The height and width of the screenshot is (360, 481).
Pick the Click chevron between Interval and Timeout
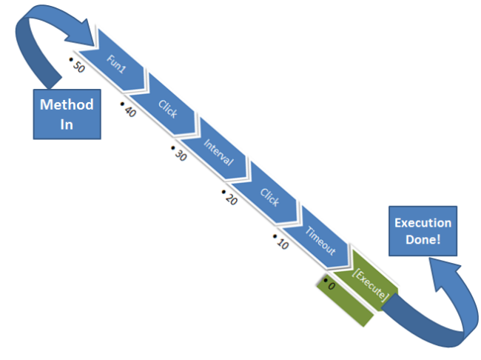click(270, 196)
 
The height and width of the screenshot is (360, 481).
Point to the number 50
click(78, 67)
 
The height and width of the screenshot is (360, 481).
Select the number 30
click(180, 153)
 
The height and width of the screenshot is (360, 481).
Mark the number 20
click(230, 198)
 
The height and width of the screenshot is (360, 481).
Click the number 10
click(281, 242)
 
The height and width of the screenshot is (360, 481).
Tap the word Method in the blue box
click(67, 104)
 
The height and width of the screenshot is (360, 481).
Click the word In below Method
click(67, 124)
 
